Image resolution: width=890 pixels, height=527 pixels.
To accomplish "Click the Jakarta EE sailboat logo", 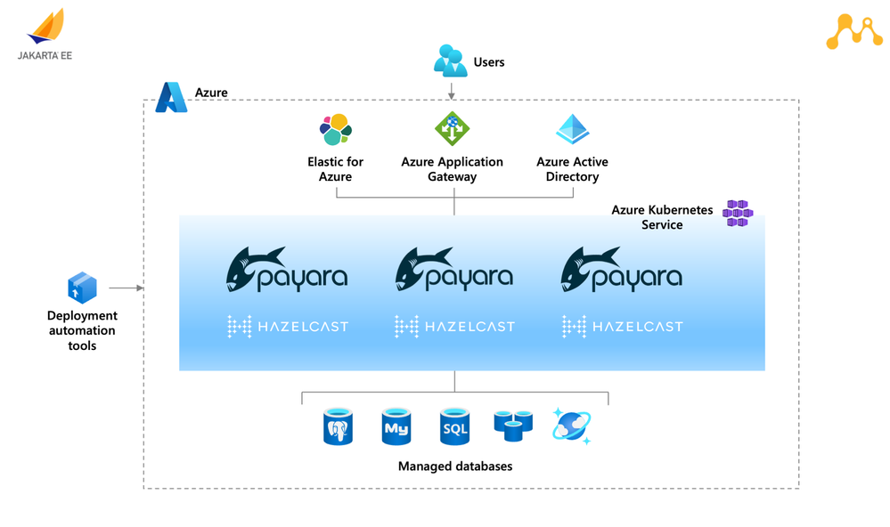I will [46, 27].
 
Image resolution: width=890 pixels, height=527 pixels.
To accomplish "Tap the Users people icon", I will [450, 61].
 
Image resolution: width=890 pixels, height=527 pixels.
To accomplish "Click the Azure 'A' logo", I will [170, 97].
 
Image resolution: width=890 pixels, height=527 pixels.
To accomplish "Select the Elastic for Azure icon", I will [336, 130].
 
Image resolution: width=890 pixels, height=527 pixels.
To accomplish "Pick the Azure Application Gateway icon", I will [452, 129].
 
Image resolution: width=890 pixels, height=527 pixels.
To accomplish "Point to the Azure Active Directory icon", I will [572, 130].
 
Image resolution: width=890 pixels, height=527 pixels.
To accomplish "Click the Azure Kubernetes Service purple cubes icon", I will [739, 214].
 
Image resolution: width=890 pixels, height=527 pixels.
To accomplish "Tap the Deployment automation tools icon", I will [82, 288].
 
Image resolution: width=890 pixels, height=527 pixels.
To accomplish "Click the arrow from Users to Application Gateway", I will [452, 90].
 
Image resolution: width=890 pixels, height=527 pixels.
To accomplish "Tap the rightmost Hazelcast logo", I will [622, 327].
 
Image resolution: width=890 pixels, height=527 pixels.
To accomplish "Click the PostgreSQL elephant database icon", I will [338, 426].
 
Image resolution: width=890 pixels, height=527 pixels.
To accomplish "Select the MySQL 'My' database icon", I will [396, 426].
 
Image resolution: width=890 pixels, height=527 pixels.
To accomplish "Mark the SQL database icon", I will [454, 426].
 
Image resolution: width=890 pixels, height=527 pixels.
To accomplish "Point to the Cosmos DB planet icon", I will [571, 426].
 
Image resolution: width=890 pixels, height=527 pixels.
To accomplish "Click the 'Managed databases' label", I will [454, 466].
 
